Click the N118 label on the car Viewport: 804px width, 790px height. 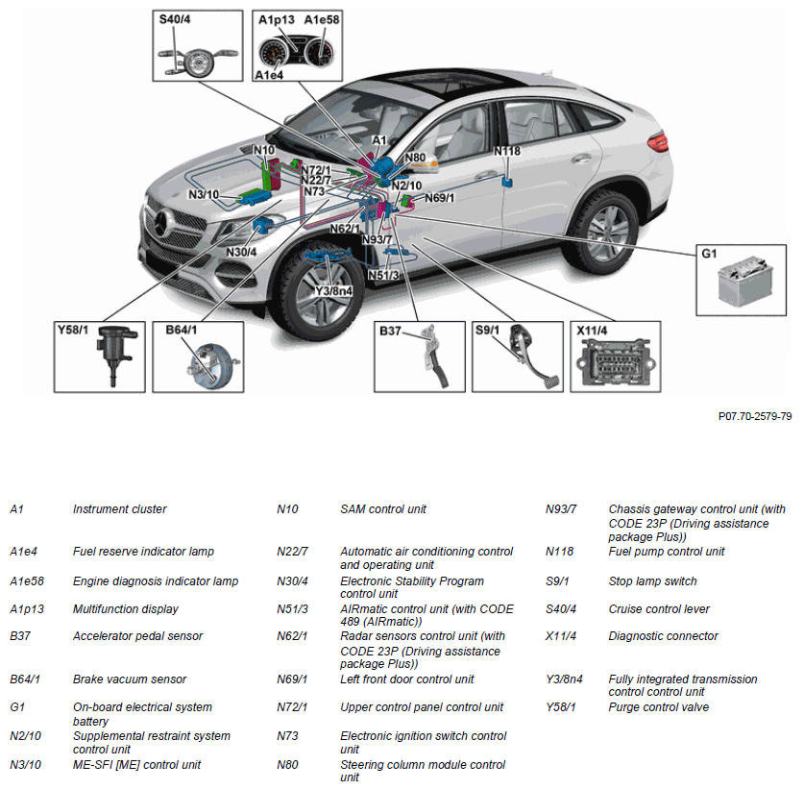[x=507, y=151]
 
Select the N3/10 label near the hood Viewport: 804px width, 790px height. [x=204, y=195]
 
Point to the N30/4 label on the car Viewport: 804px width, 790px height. [x=241, y=252]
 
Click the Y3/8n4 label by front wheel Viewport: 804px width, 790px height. [x=333, y=290]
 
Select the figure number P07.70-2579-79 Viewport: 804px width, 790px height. [x=755, y=416]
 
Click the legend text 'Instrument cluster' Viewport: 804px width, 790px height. [x=119, y=509]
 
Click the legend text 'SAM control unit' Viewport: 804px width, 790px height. [x=383, y=509]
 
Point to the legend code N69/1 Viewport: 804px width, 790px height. [x=292, y=679]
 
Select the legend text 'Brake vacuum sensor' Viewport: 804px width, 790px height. [x=126, y=679]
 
